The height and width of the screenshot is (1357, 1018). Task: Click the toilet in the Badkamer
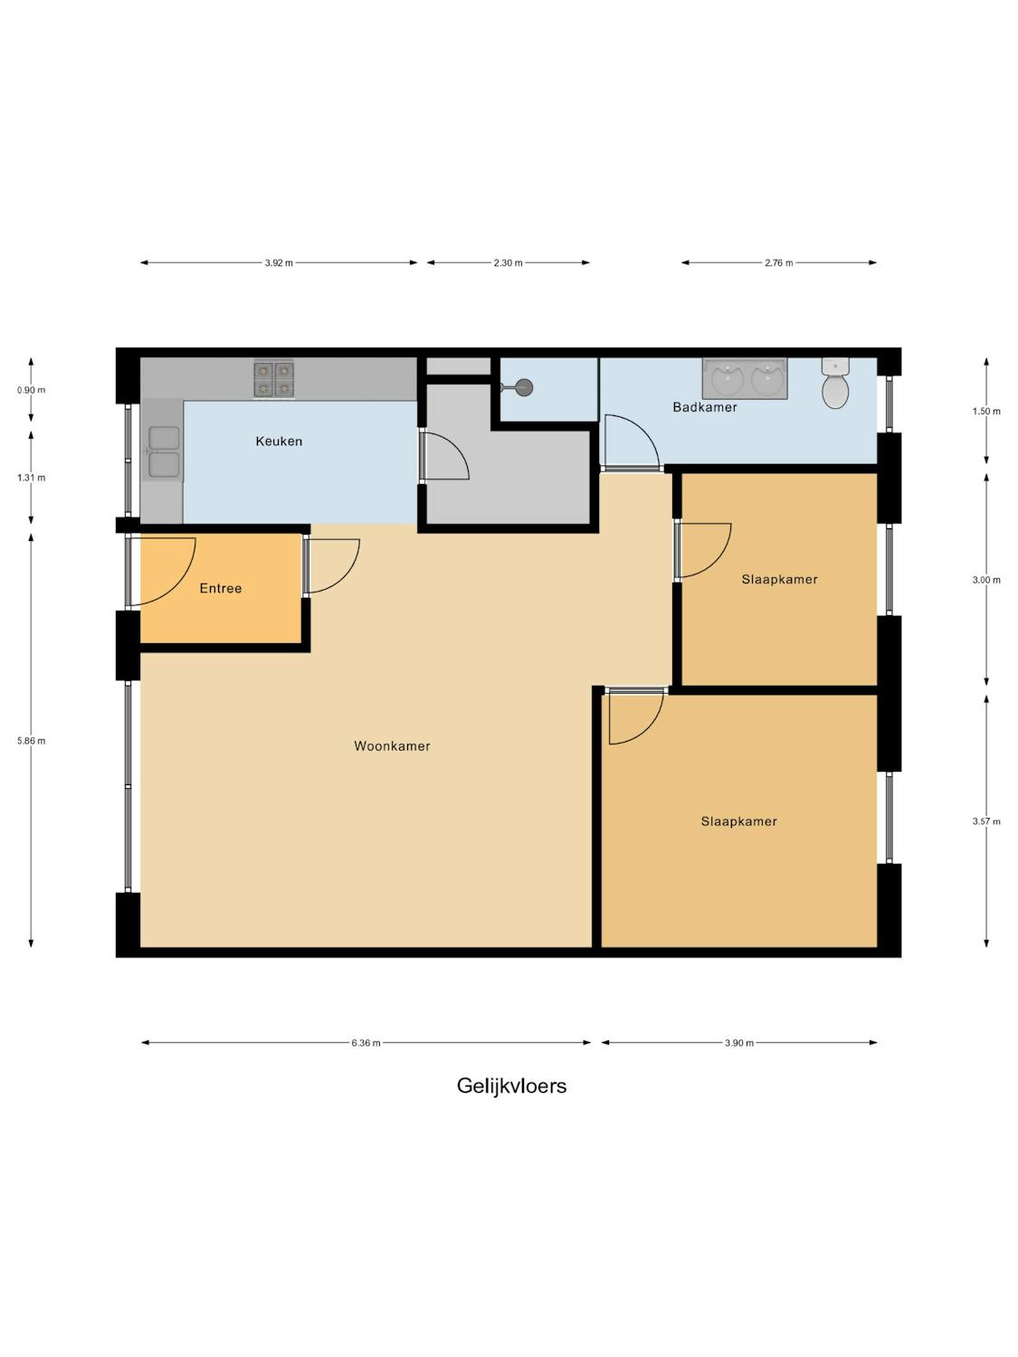[x=834, y=384]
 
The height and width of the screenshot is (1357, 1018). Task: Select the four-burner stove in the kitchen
[x=273, y=380]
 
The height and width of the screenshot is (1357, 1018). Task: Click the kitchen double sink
[x=163, y=453]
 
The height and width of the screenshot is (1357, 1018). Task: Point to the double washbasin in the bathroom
[x=744, y=378]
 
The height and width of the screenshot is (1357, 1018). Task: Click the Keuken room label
[x=279, y=441]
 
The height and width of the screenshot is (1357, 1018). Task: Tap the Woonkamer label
[x=392, y=745]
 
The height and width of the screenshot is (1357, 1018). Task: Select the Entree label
[x=220, y=588]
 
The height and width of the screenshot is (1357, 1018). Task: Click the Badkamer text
[x=705, y=407]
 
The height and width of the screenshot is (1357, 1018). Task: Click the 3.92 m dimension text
[x=279, y=262]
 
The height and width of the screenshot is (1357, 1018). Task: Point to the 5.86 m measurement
[x=31, y=741]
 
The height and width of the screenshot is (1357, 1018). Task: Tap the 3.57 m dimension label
[x=985, y=821]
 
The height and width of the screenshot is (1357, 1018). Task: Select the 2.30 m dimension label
[x=508, y=262]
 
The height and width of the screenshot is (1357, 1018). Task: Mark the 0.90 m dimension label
[x=31, y=390]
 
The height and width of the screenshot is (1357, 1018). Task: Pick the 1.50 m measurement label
[x=985, y=411]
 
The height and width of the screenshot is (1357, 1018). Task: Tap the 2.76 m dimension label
[x=778, y=262]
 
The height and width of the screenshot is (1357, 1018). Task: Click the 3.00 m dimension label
[x=985, y=580]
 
